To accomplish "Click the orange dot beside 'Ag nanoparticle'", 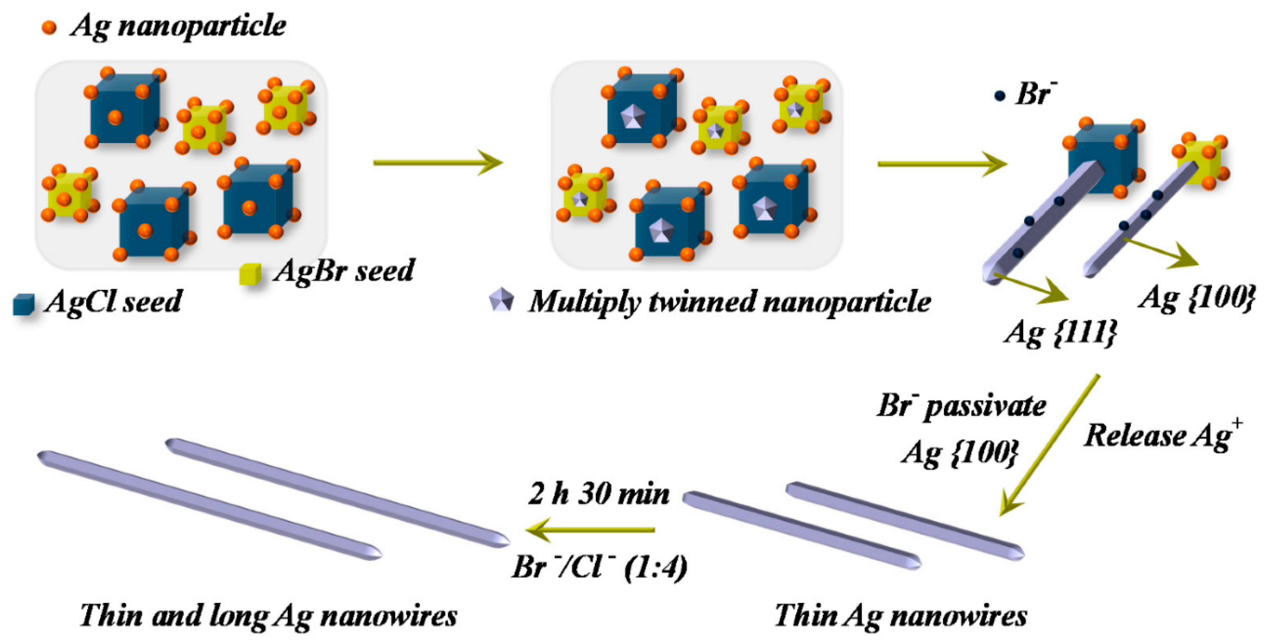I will (49, 27).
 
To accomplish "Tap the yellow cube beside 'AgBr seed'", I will (250, 274).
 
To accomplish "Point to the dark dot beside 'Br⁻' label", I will (999, 96).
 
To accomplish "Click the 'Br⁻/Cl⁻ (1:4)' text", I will (599, 567).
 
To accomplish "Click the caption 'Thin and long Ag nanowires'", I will (268, 615).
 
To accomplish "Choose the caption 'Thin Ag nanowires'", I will (900, 615).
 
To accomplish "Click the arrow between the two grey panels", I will (438, 163).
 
